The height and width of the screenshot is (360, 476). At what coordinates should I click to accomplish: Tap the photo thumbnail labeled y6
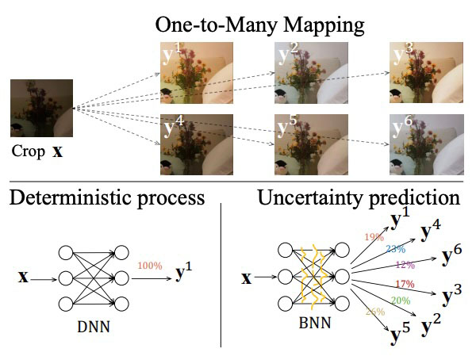(x=426, y=144)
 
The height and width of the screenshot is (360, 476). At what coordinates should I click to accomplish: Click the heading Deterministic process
(x=107, y=197)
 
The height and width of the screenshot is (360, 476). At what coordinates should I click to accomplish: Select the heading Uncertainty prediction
(x=359, y=197)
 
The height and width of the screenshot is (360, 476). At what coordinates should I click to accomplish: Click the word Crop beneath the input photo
(x=27, y=151)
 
